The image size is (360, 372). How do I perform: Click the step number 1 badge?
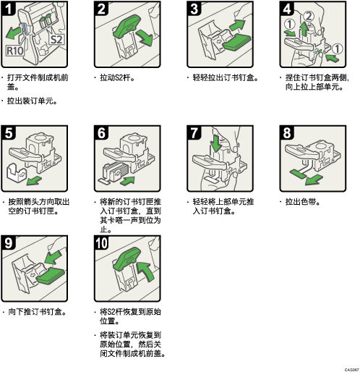[8, 9]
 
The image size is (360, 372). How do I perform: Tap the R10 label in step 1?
[15, 51]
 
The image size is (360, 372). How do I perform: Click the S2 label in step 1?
[57, 39]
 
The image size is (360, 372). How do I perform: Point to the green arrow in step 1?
[13, 33]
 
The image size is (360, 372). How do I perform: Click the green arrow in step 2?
[144, 38]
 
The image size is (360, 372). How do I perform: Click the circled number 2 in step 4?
[309, 17]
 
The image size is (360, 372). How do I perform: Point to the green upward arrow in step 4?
[304, 29]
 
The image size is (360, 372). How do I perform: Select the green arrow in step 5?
[34, 180]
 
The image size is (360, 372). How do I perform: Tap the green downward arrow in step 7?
[216, 143]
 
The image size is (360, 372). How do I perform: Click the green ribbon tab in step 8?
[298, 174]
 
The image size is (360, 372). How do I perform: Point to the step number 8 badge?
[286, 132]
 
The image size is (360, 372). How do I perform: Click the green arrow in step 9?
[53, 257]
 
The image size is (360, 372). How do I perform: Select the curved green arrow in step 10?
[147, 271]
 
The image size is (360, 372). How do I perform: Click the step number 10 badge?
[101, 243]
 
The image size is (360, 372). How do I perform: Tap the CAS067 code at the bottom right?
[352, 370]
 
